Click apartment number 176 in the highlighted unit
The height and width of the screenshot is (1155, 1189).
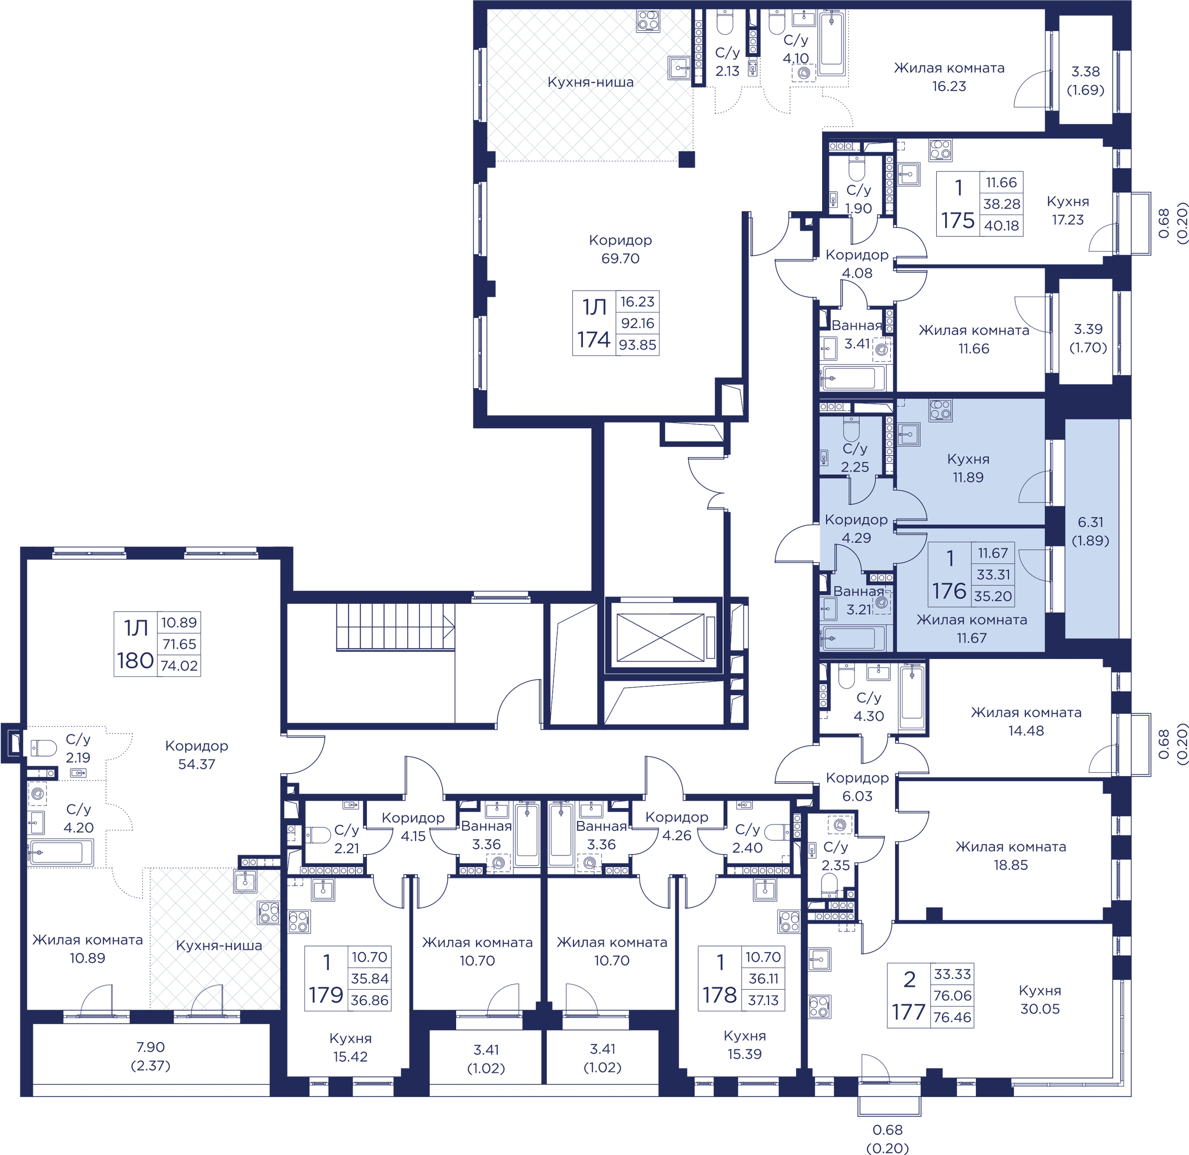(949, 590)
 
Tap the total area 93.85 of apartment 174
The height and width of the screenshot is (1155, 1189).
(638, 345)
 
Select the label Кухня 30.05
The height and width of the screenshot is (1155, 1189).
(1040, 1000)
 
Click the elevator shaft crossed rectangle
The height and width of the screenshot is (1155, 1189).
(660, 638)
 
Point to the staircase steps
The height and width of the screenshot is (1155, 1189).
(396, 626)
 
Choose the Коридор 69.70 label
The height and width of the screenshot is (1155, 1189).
(620, 249)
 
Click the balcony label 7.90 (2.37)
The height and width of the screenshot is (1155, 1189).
(150, 1056)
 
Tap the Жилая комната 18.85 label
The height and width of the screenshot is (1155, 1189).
(1011, 856)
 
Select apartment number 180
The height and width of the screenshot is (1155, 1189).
(135, 660)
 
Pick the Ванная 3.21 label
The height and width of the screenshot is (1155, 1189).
(858, 600)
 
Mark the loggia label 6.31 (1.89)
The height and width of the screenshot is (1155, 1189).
(1091, 531)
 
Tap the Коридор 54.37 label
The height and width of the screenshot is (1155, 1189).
(196, 755)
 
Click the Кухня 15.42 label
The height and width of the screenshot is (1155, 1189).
(350, 1048)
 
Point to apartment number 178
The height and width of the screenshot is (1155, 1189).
(719, 995)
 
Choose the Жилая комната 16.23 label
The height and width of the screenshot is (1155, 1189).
(949, 77)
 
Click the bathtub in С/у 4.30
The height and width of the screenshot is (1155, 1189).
(912, 698)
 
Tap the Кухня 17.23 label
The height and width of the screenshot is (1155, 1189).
(1068, 210)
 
